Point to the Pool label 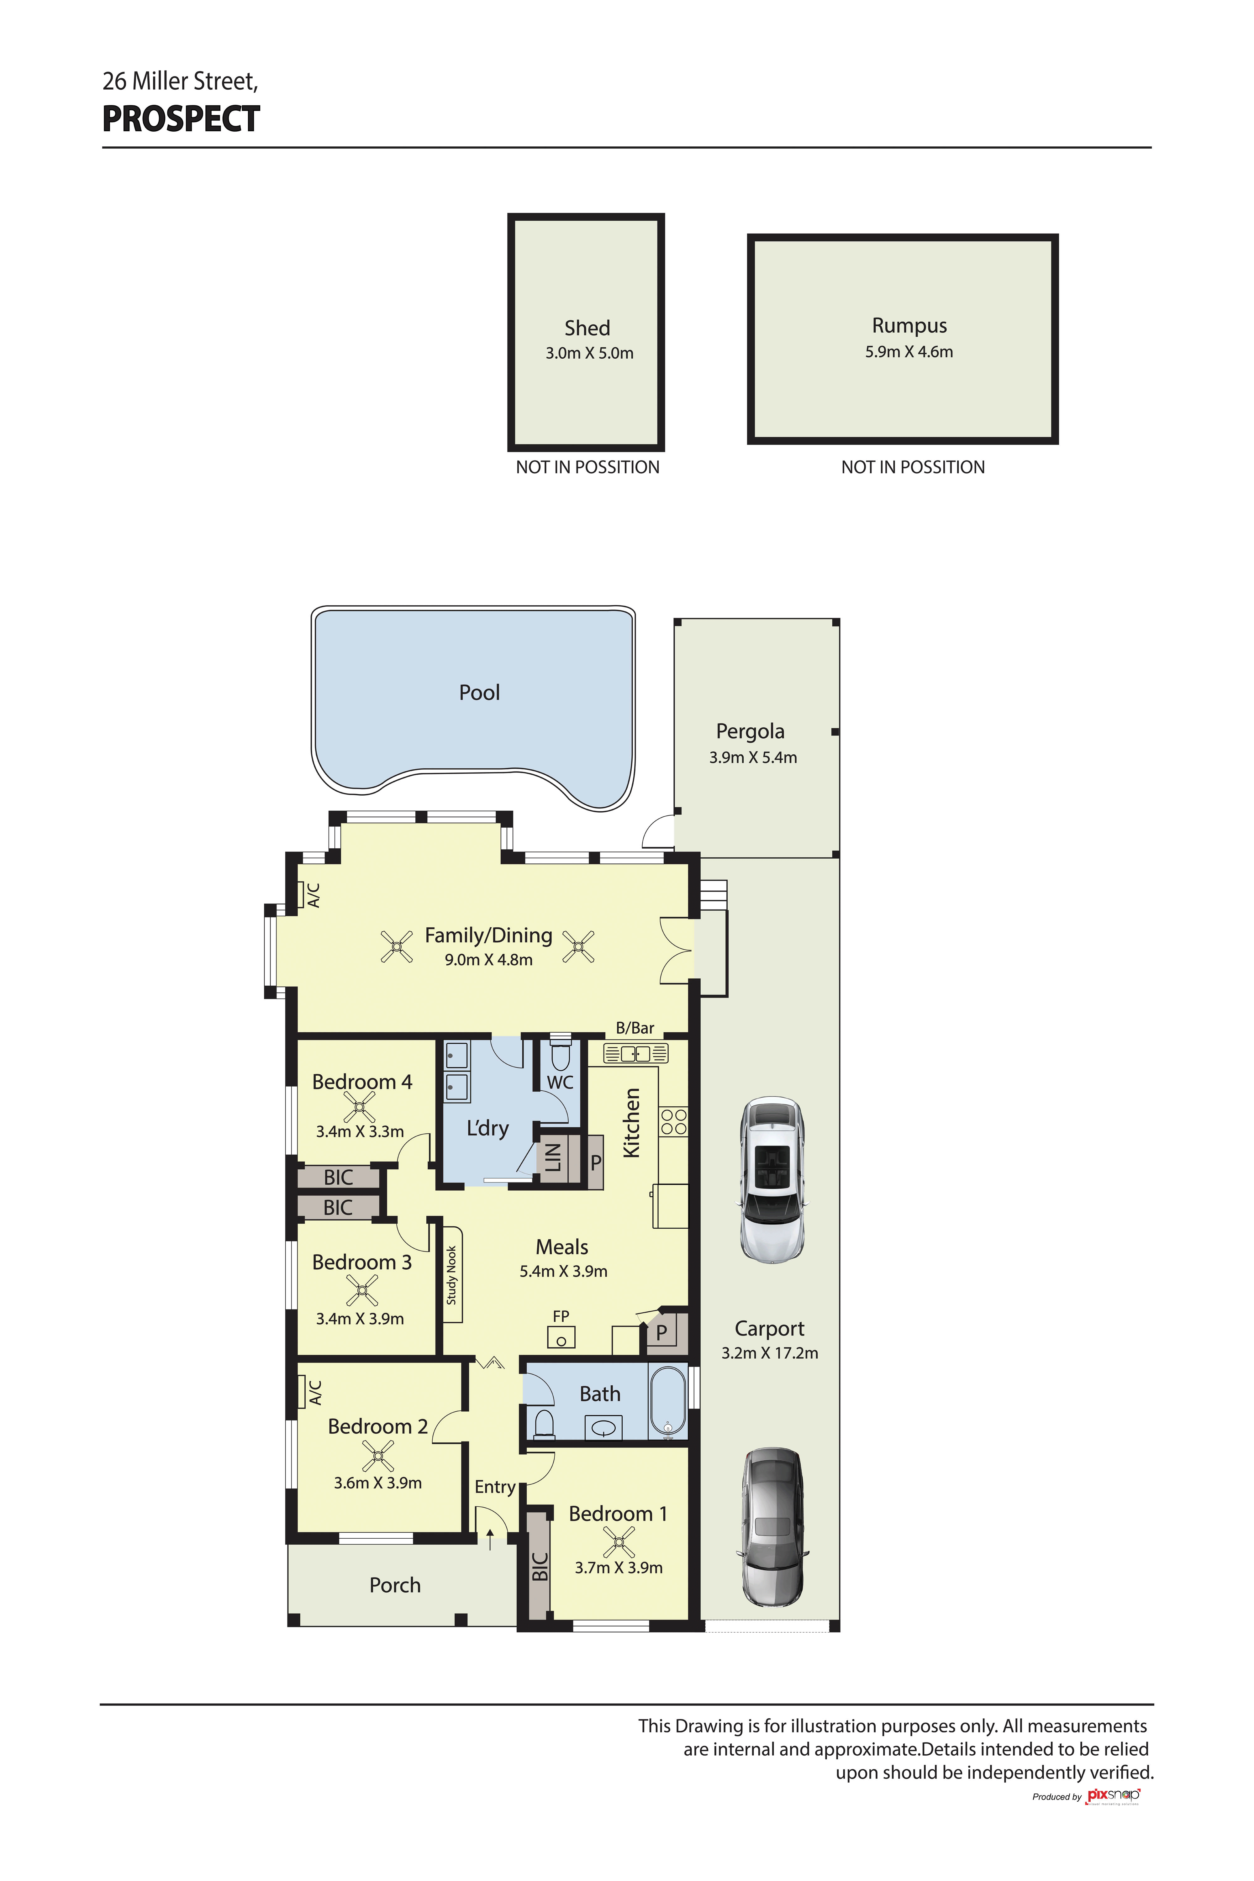pos(479,693)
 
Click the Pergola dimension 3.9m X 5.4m pos(753,757)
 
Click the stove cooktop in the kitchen pos(673,1121)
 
